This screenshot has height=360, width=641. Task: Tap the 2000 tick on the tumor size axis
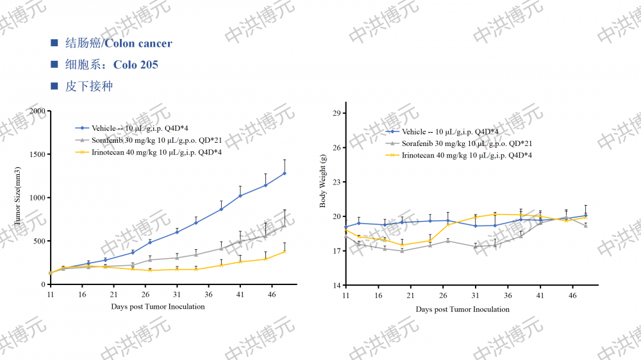pyautogui.click(x=38, y=111)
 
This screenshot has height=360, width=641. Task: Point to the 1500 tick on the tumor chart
pyautogui.click(x=38, y=154)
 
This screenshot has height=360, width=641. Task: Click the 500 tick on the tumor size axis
pyautogui.click(x=40, y=241)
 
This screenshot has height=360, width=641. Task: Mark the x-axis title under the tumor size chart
pyautogui.click(x=158, y=307)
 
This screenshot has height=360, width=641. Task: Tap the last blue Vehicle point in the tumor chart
pyautogui.click(x=285, y=173)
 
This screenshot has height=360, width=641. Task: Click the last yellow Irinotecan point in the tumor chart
pyautogui.click(x=285, y=251)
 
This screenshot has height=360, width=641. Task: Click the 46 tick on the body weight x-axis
pyautogui.click(x=572, y=295)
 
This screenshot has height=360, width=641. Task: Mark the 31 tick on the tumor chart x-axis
pyautogui.click(x=177, y=294)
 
